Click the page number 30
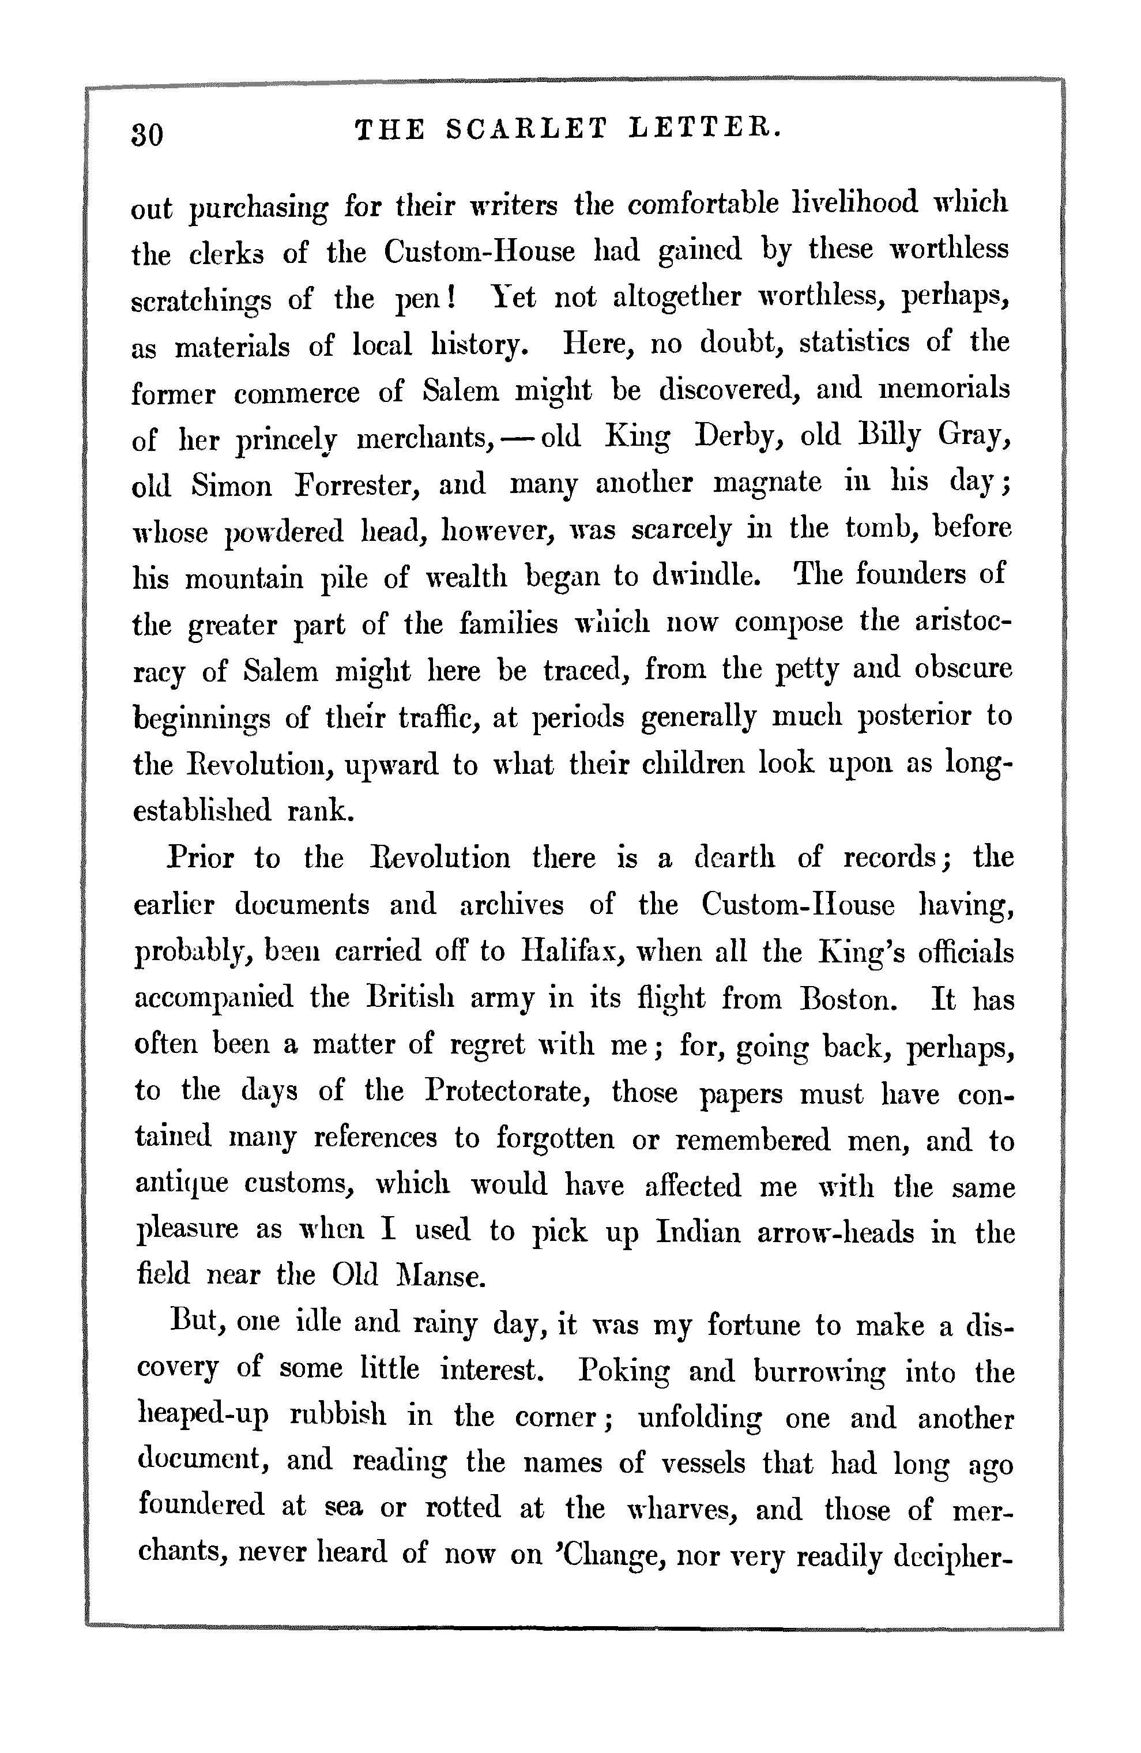coord(148,135)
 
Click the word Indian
coord(697,1232)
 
